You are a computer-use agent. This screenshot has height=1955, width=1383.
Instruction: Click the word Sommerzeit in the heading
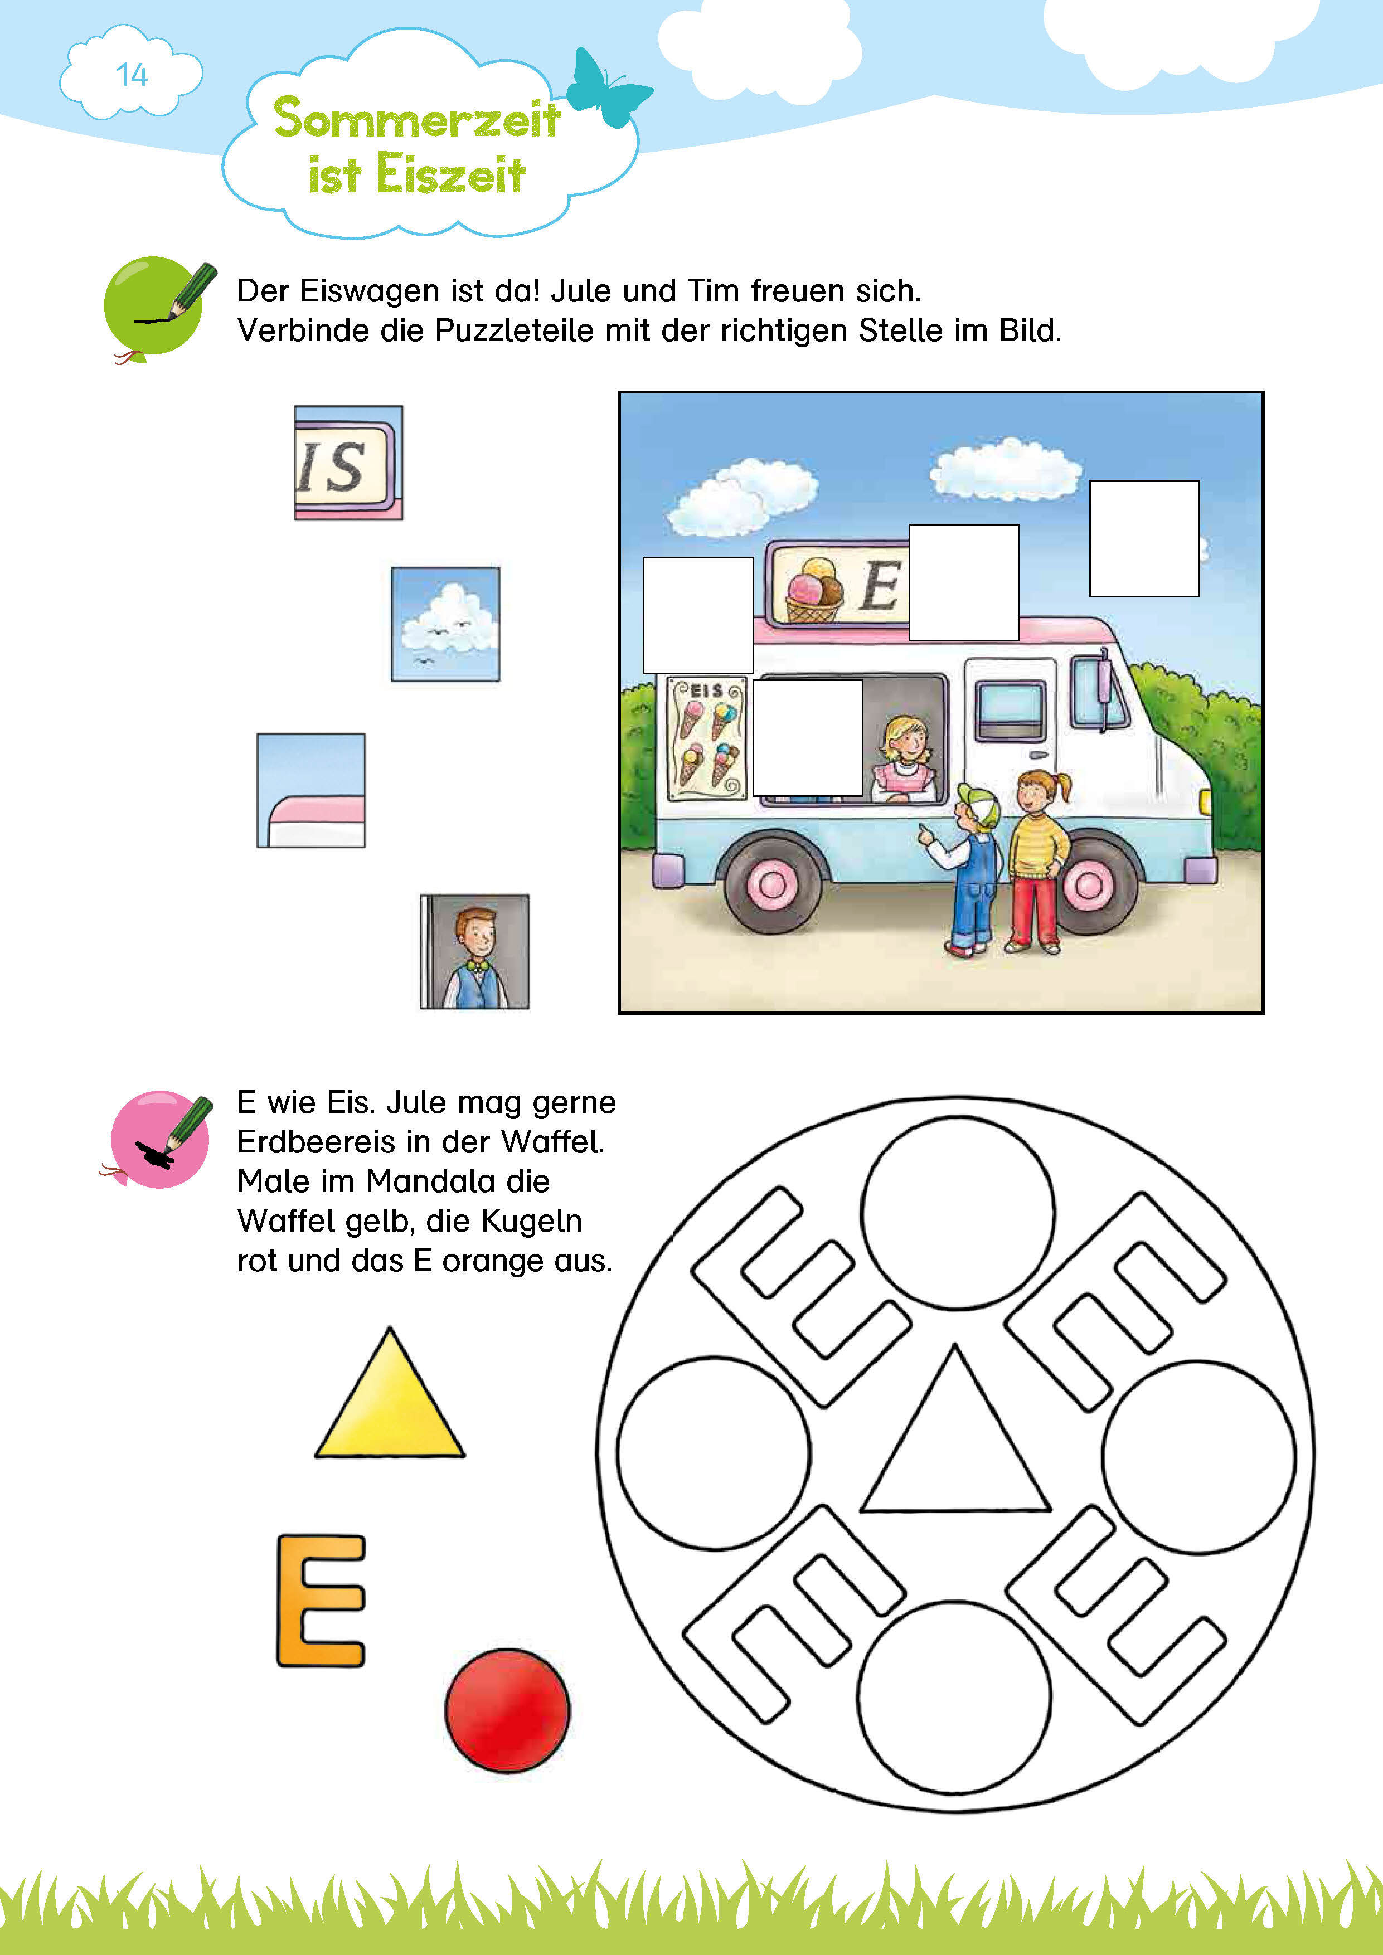point(416,118)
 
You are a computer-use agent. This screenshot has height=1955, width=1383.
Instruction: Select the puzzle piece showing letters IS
point(348,463)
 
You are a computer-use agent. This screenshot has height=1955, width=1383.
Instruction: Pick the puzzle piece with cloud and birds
point(445,624)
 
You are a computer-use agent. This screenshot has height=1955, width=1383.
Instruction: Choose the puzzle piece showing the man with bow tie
point(474,951)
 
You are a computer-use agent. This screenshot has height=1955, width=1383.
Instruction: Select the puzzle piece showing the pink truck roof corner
point(311,790)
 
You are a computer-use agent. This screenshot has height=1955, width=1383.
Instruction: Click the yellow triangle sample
point(390,1393)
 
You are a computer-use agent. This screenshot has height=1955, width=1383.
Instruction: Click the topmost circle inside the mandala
point(958,1212)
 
